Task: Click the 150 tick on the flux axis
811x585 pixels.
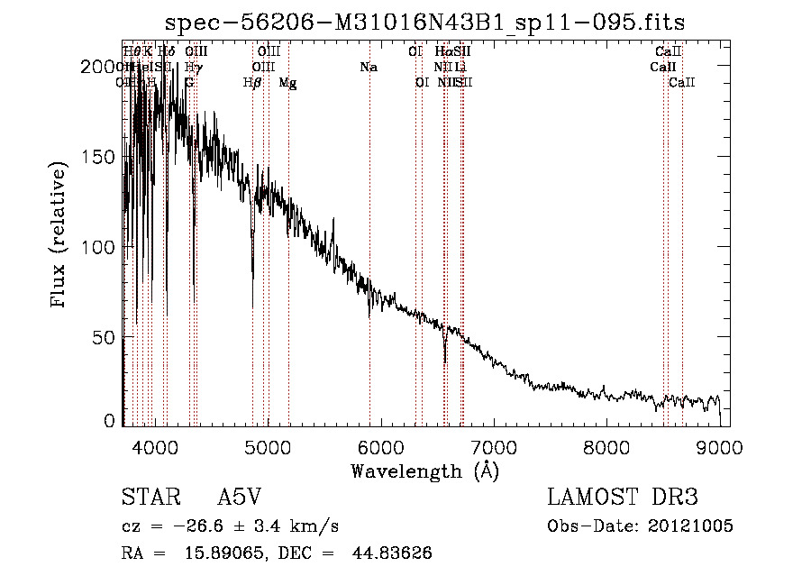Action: pyautogui.click(x=104, y=157)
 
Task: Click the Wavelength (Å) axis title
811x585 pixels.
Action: pyautogui.click(x=424, y=471)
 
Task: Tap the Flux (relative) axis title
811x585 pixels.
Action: pyautogui.click(x=60, y=236)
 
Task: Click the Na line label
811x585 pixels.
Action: pyautogui.click(x=368, y=68)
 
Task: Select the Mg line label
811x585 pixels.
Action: pyautogui.click(x=287, y=83)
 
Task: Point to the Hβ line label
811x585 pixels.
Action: pyautogui.click(x=252, y=83)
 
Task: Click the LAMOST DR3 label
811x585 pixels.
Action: pyautogui.click(x=623, y=498)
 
